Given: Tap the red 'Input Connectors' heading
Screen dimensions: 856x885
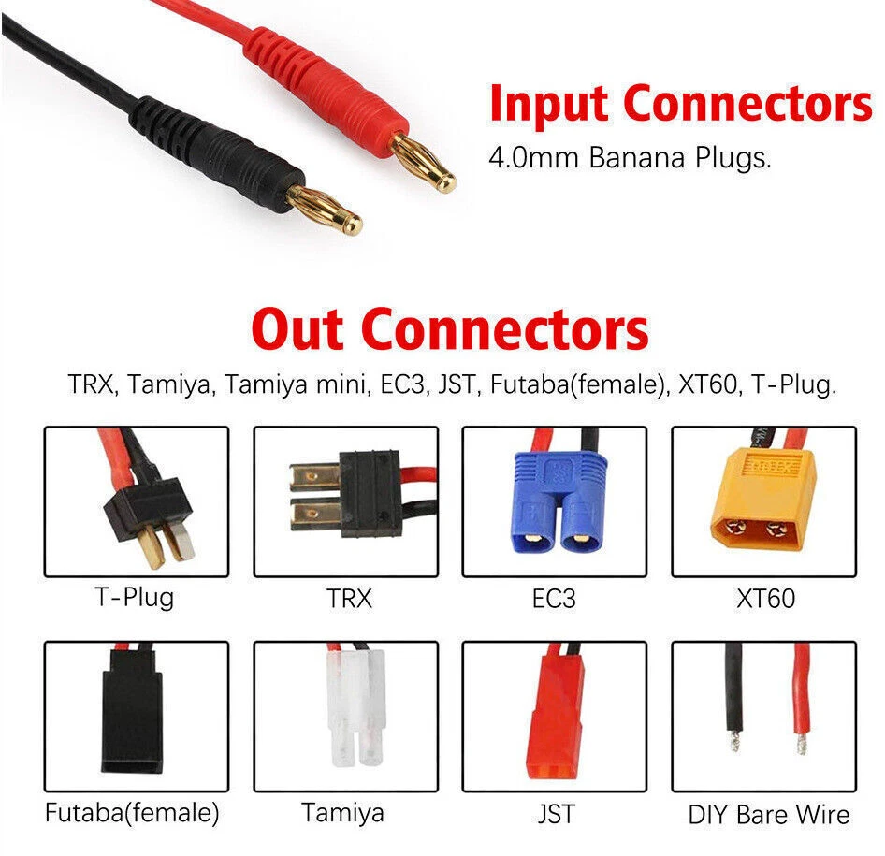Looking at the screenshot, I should pyautogui.click(x=680, y=104).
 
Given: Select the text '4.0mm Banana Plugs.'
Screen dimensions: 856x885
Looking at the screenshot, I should pyautogui.click(x=630, y=157).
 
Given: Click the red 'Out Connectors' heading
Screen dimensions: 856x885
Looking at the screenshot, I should pyautogui.click(x=450, y=329).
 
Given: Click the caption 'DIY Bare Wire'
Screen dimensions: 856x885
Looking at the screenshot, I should pyautogui.click(x=768, y=814).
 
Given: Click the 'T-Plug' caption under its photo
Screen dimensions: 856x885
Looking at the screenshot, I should pyautogui.click(x=135, y=597).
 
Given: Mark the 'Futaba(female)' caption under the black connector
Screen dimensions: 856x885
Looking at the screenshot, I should pyautogui.click(x=132, y=812).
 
